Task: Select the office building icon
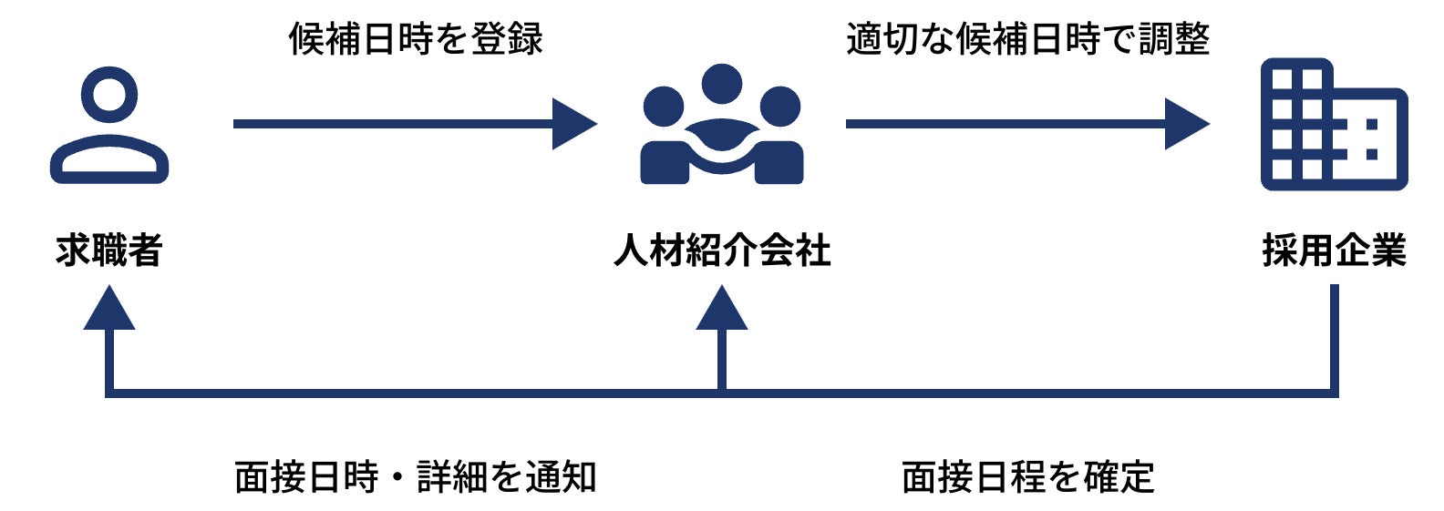coord(1334,125)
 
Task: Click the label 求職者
coord(109,250)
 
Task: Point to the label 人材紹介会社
coord(722,250)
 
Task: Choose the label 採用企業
coord(1335,250)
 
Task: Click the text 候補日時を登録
coord(416,39)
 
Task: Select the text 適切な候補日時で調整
coord(1027,39)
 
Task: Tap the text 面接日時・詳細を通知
coord(416,477)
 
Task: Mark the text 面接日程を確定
coord(1027,477)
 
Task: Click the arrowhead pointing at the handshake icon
coord(573,124)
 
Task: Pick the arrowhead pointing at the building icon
coord(1186,124)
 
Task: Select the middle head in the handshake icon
coord(722,84)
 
